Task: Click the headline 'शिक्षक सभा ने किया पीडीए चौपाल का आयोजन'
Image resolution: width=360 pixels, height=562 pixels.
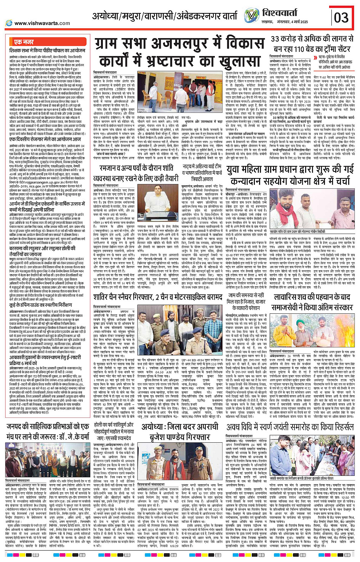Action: click(47, 50)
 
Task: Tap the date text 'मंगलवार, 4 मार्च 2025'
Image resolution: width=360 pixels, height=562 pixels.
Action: click(293, 22)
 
